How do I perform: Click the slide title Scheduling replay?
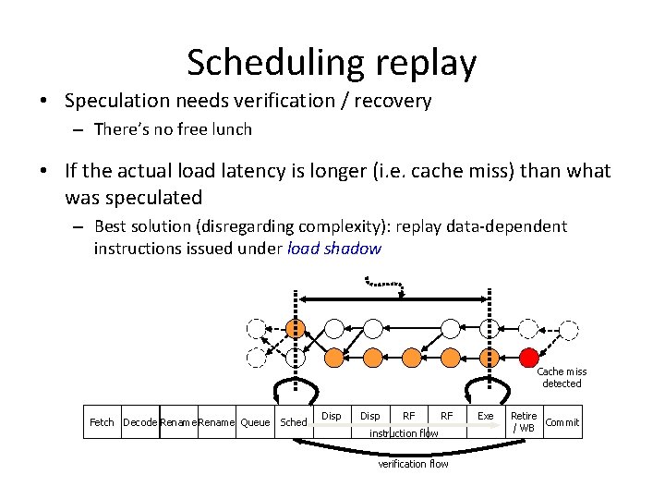coord(332,63)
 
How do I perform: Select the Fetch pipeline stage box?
coord(102,422)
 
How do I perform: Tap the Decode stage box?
coord(139,422)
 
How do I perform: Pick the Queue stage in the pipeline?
coord(255,422)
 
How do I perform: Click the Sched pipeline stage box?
coord(294,422)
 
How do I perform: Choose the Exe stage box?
coord(485,417)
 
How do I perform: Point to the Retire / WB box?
coord(523,422)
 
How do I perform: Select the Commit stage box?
coord(562,422)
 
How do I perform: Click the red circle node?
coord(529,357)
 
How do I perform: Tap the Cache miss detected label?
coord(562,377)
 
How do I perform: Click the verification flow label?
coord(413,464)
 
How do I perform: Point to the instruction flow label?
coord(404,432)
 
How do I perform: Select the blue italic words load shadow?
coord(334,248)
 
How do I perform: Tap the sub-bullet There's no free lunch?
coord(173,129)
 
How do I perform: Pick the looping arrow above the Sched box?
coord(294,388)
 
